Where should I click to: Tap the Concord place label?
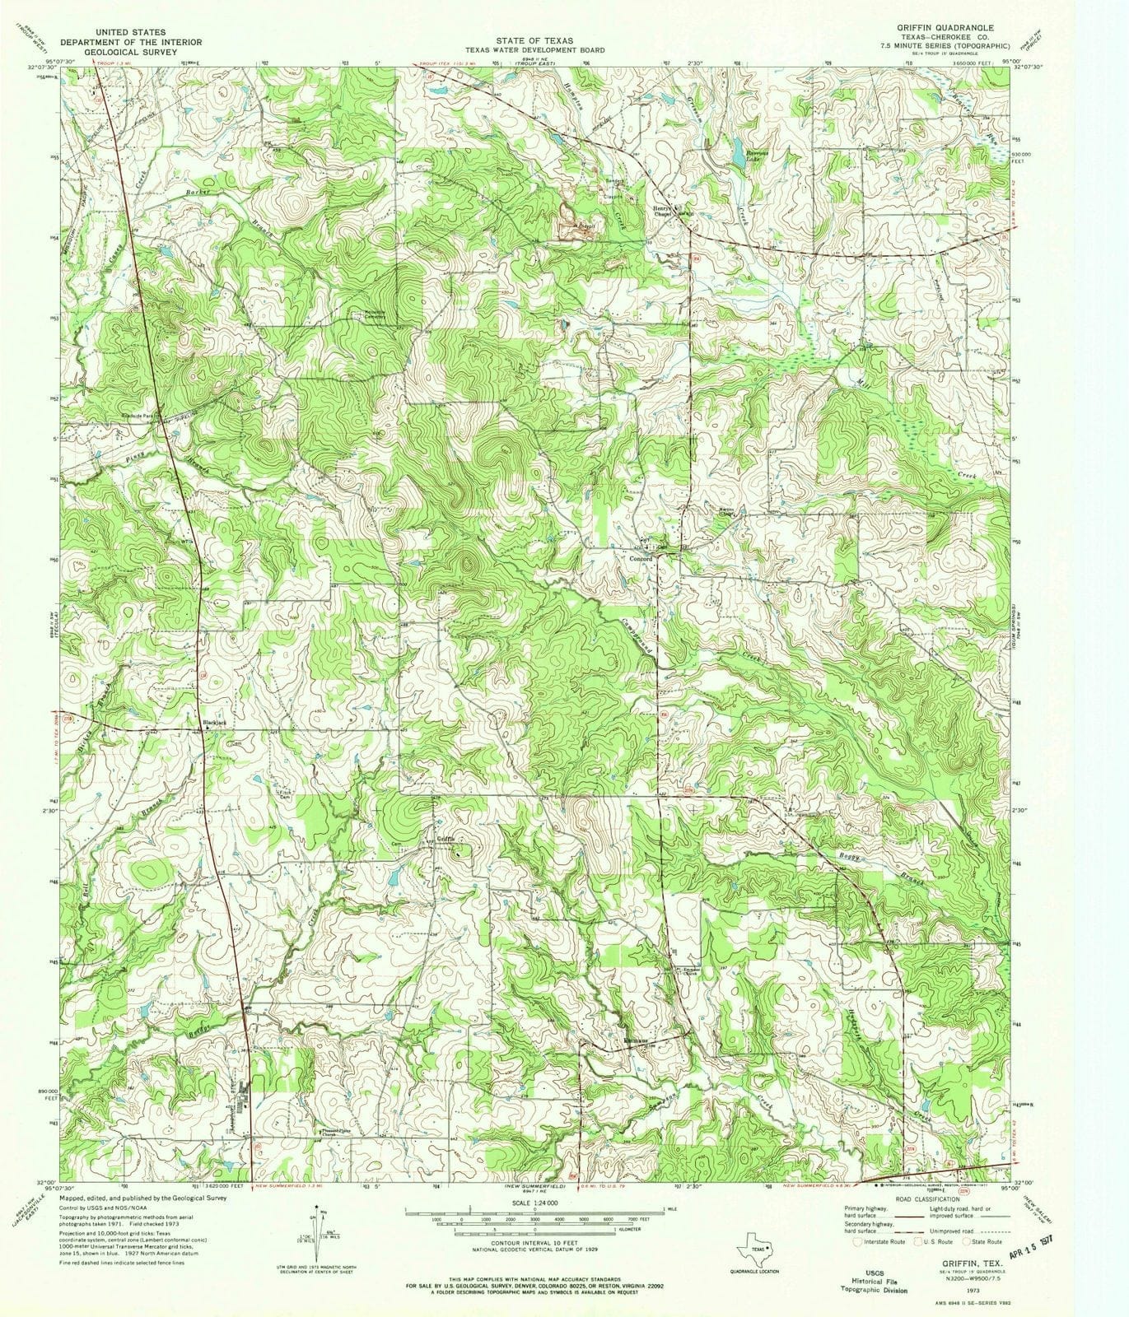tap(641, 559)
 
